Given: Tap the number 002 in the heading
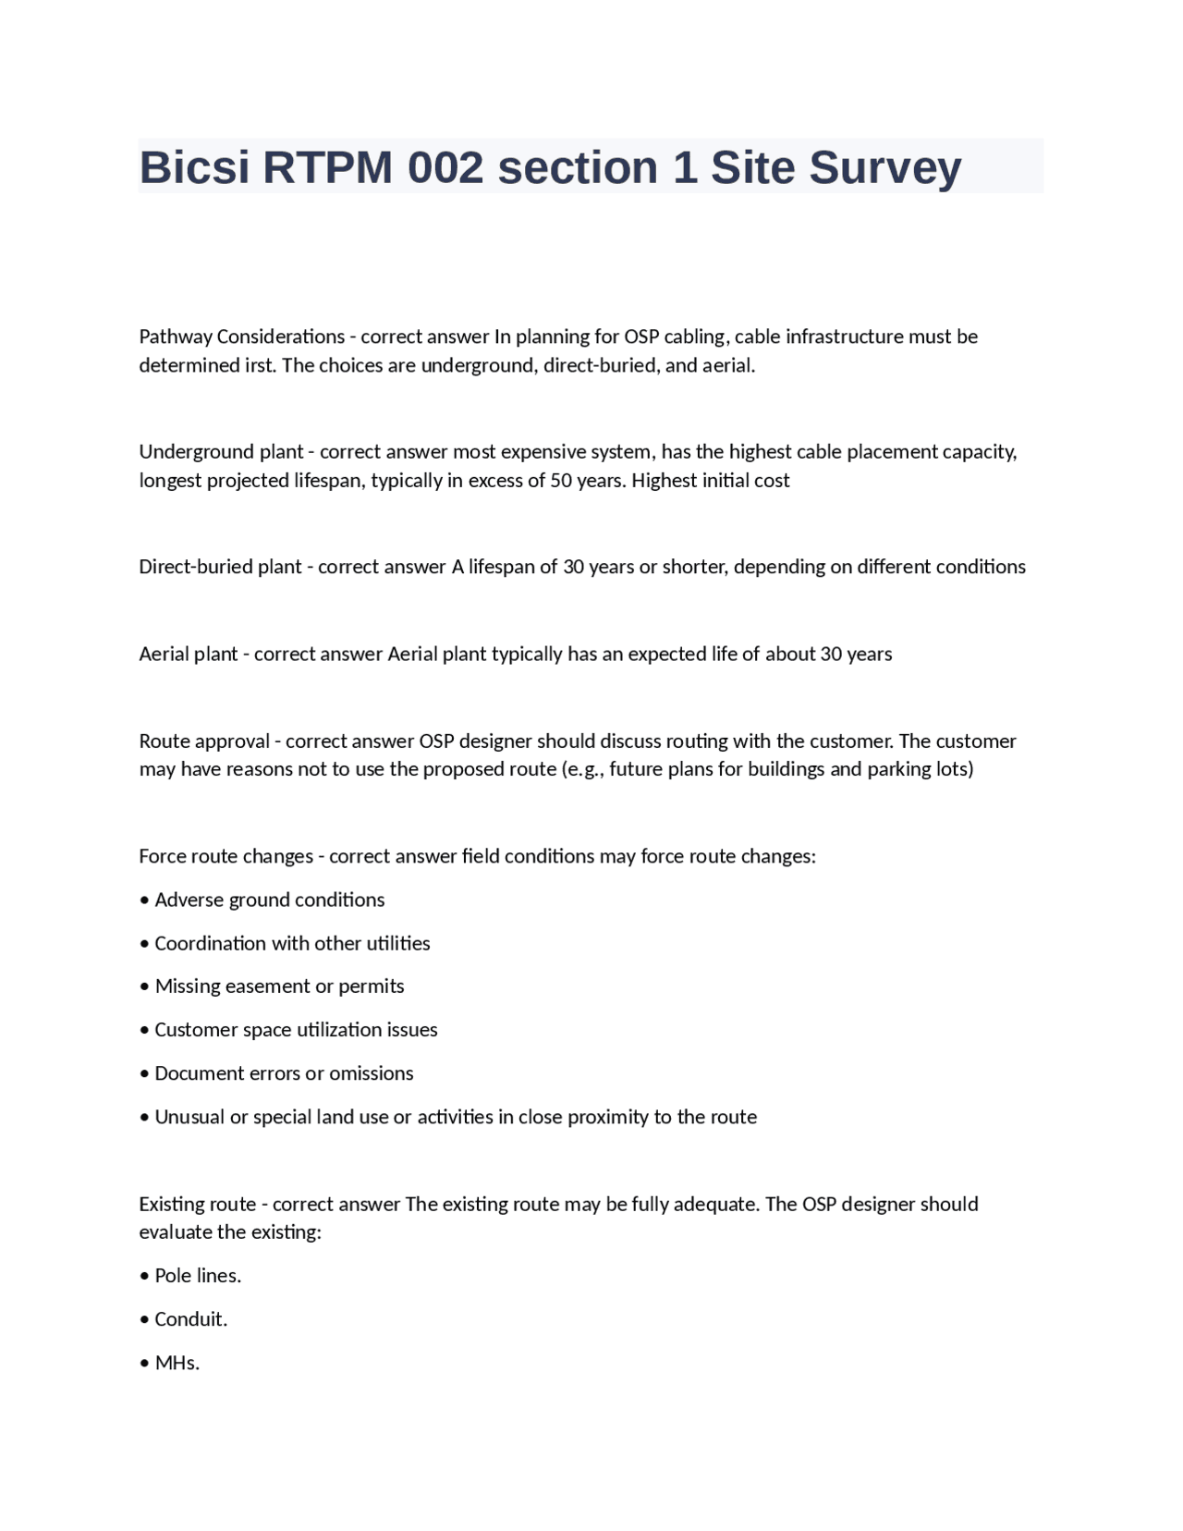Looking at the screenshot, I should (x=445, y=168).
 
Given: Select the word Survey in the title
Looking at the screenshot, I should (x=885, y=168).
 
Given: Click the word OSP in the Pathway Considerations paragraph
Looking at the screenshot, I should (x=641, y=337).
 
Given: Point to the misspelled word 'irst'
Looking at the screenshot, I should (x=260, y=365).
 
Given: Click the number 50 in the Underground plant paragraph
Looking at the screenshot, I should (x=560, y=481).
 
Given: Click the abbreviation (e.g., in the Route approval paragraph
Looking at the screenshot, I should (x=583, y=769).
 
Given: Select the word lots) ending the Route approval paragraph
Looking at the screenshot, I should (x=952, y=769).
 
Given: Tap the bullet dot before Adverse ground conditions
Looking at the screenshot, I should (x=144, y=900).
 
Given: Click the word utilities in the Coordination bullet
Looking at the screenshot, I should (x=398, y=944).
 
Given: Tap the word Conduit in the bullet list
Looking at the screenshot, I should (x=189, y=1319).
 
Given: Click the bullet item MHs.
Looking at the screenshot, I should (x=177, y=1363).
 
